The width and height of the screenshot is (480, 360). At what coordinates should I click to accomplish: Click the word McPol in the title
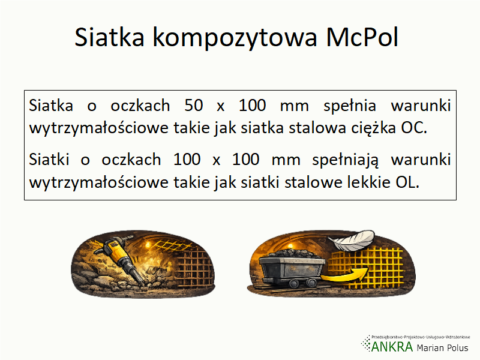[x=362, y=37]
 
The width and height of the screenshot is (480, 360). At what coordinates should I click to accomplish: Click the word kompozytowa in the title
[x=235, y=38]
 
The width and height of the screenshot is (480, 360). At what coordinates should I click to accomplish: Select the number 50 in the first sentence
[x=193, y=106]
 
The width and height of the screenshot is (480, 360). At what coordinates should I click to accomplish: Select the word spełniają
[x=346, y=160]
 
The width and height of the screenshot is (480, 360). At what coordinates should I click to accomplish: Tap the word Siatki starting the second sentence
[x=49, y=160]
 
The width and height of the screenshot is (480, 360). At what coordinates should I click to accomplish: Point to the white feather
[x=352, y=241]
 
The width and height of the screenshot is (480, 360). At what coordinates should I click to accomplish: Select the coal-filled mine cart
[x=292, y=268]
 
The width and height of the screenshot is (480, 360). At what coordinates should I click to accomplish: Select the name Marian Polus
[x=442, y=348]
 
